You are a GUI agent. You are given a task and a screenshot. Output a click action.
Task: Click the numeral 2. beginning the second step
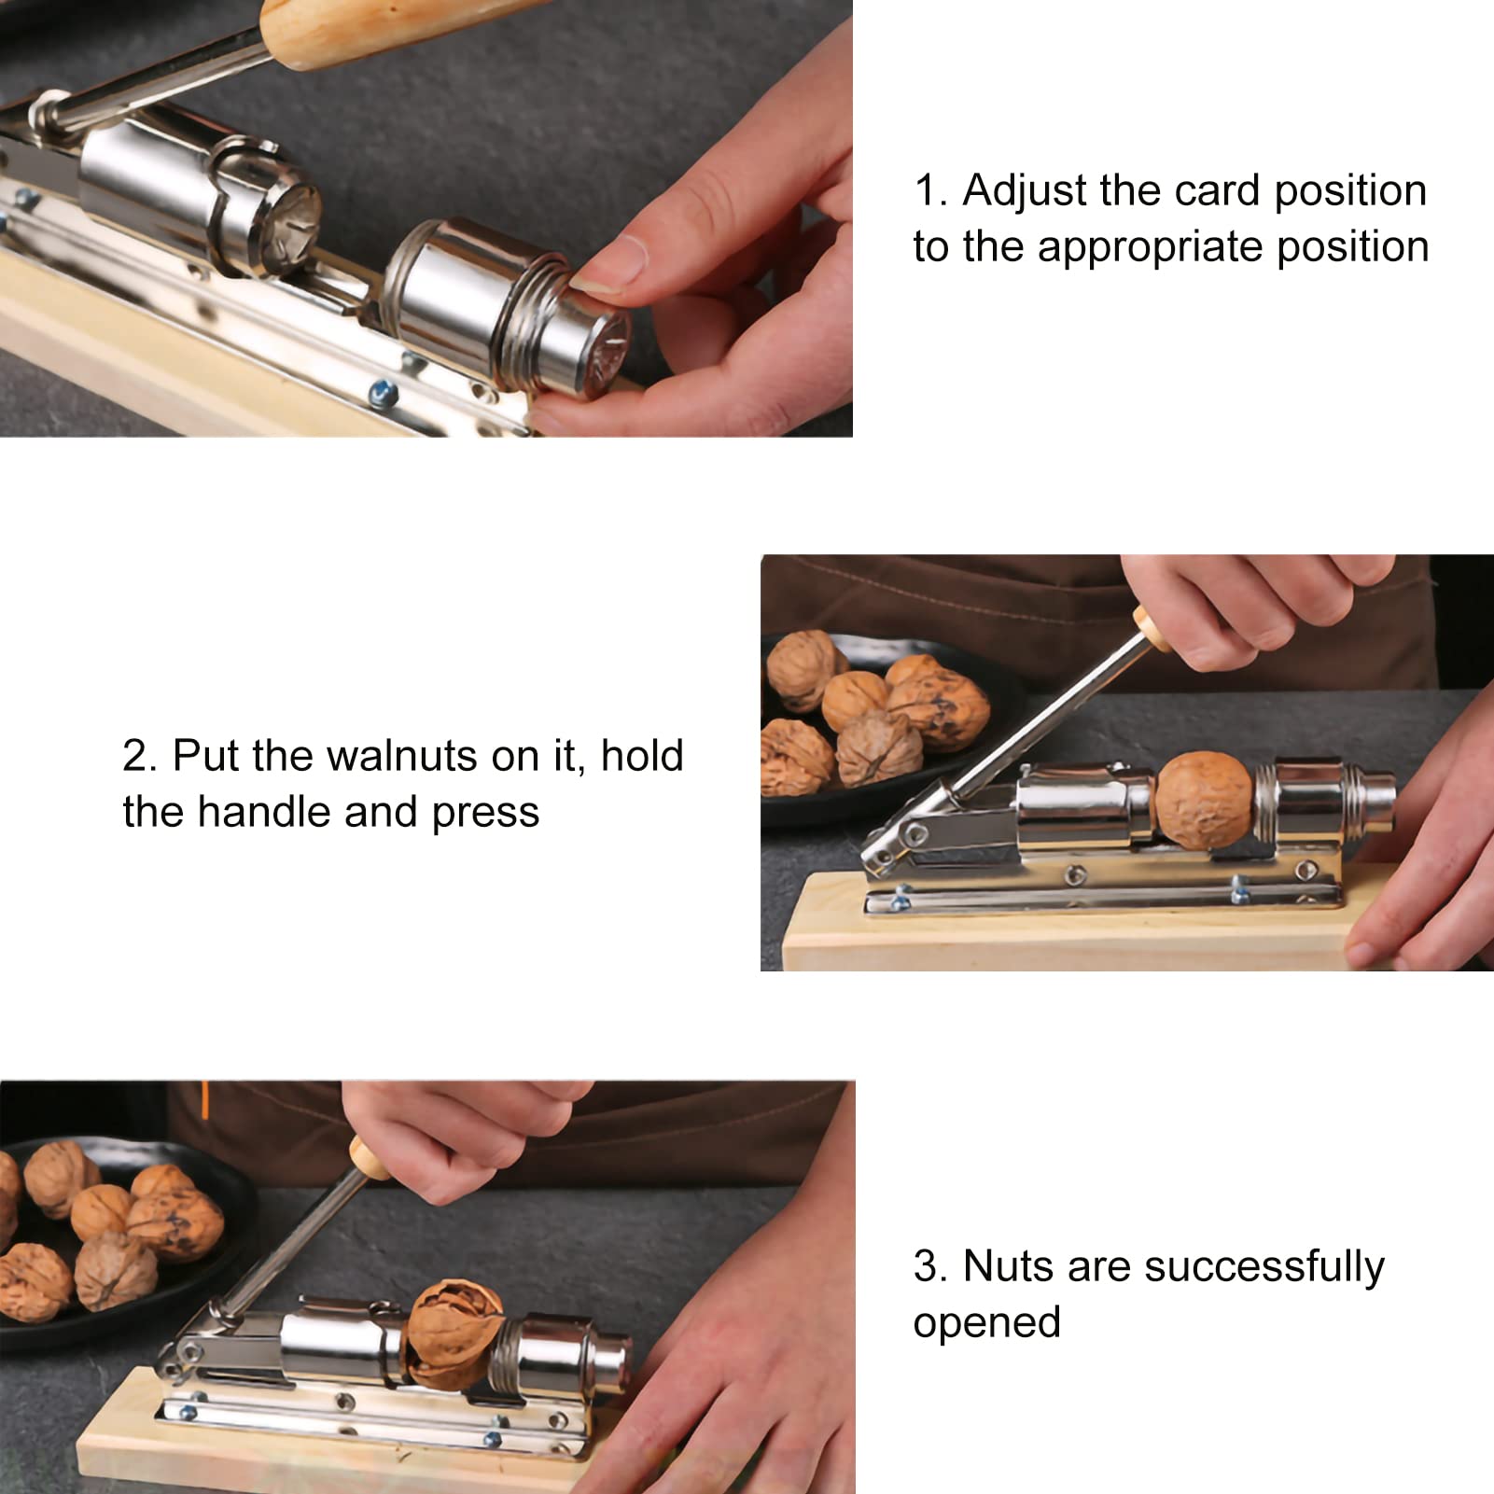coord(139,756)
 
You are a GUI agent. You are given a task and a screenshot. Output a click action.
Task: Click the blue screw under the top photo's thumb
coord(381,393)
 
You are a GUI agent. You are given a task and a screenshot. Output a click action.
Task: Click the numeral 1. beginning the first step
coord(929,191)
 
